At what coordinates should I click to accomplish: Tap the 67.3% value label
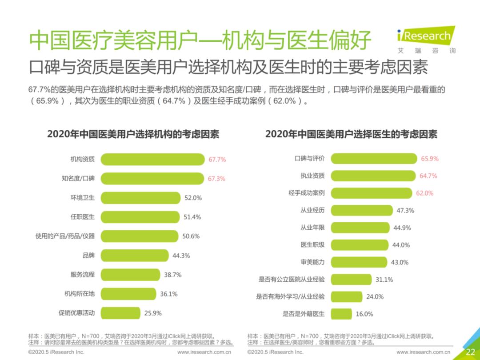(x=216, y=179)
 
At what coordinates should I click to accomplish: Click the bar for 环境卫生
(x=140, y=198)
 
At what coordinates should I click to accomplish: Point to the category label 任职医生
(x=83, y=217)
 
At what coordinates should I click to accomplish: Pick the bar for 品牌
(x=135, y=256)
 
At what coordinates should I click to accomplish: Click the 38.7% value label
(x=172, y=275)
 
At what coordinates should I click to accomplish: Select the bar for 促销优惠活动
(x=120, y=313)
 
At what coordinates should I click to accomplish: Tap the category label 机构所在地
(x=80, y=294)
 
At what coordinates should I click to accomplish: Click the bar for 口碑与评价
(x=374, y=159)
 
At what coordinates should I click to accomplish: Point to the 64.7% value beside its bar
(x=428, y=176)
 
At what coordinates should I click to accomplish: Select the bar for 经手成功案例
(x=371, y=193)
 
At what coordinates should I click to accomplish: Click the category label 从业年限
(x=312, y=228)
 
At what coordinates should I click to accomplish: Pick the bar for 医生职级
(x=359, y=245)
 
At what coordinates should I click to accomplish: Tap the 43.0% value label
(x=399, y=262)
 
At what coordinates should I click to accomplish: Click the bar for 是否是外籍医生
(x=341, y=314)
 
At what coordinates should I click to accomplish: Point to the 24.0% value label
(x=375, y=296)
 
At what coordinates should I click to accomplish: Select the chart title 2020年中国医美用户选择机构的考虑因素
(x=133, y=134)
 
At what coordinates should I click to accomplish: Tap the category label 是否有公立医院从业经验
(x=292, y=280)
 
